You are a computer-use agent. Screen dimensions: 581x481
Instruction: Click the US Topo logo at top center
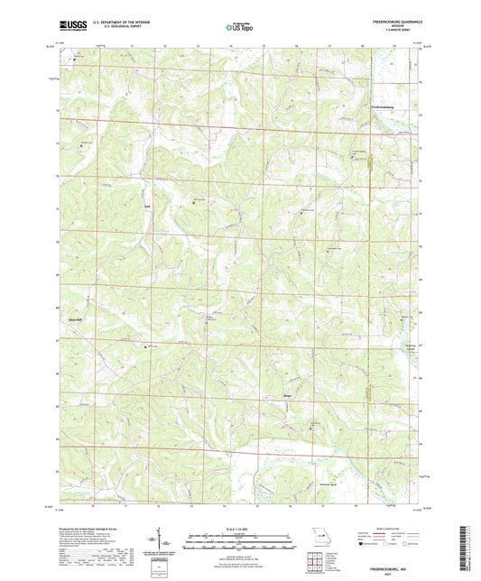[240, 28]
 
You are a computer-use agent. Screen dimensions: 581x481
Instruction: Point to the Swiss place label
[146, 207]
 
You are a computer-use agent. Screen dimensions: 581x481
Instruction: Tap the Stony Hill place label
[75, 318]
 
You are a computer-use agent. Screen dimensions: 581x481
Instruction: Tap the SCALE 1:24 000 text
[240, 530]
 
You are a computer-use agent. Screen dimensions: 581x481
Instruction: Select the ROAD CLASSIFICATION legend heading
[390, 528]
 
